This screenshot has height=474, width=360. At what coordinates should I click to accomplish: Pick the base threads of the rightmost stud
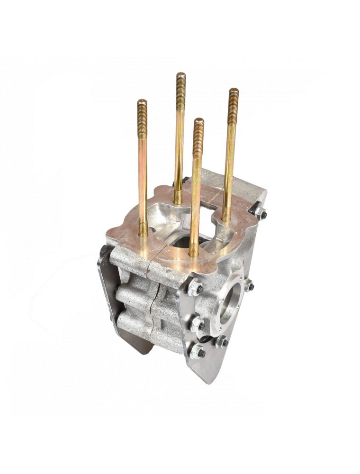point(227,216)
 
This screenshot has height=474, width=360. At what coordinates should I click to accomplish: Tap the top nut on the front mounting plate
point(195,288)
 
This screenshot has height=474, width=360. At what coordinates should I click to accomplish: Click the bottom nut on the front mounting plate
point(198,352)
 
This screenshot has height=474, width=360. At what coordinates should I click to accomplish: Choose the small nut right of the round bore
point(249,286)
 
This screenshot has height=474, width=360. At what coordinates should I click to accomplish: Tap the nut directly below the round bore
point(222,342)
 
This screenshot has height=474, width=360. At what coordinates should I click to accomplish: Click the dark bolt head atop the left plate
point(104,250)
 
